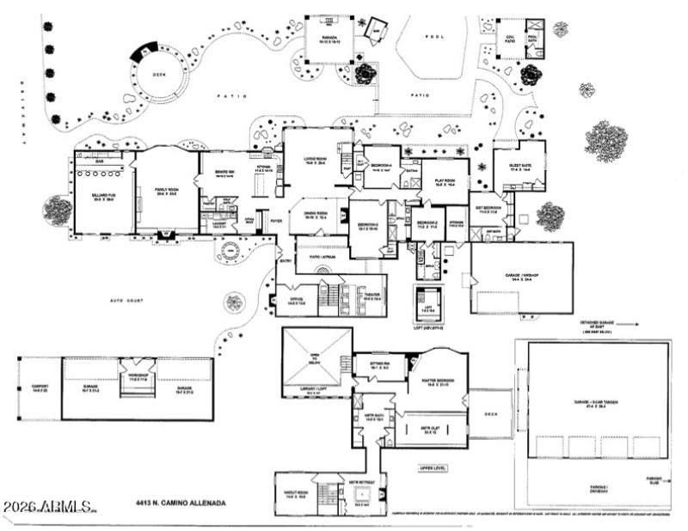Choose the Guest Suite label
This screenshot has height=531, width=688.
coord(517,168)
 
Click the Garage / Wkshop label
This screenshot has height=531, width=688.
coord(523,278)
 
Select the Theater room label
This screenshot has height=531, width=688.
coord(370,296)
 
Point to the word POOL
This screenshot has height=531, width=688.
coord(434,39)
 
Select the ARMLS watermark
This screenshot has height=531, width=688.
coord(48,507)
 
